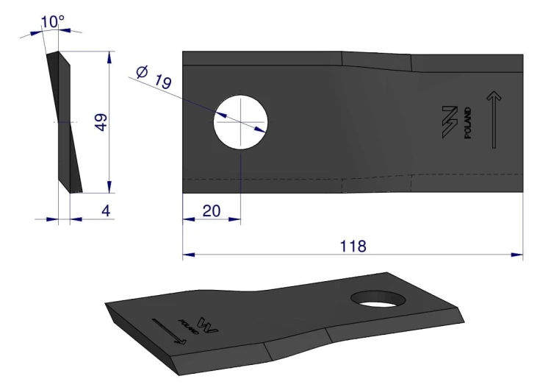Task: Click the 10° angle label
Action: click(53, 22)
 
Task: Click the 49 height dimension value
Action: click(101, 122)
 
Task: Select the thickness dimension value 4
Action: click(106, 211)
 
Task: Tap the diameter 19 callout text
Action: click(154, 77)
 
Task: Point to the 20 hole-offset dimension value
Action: click(212, 211)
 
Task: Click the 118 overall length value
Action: click(353, 246)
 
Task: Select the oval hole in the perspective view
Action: click(378, 299)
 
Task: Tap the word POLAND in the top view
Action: click(468, 123)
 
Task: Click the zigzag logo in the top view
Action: click(450, 122)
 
